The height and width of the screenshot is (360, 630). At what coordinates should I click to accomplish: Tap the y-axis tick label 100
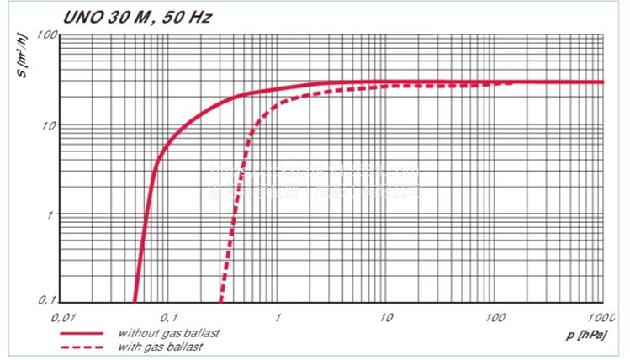pyautogui.click(x=45, y=35)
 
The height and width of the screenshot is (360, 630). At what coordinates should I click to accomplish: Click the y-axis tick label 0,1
pyautogui.click(x=47, y=300)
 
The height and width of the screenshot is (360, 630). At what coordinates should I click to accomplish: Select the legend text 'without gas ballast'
pyautogui.click(x=169, y=333)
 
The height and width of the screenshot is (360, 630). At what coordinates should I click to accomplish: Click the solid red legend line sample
pyautogui.click(x=82, y=333)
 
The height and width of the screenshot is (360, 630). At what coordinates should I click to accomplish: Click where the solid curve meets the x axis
pyautogui.click(x=135, y=301)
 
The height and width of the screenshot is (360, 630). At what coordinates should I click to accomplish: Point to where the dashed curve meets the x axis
pyautogui.click(x=221, y=301)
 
